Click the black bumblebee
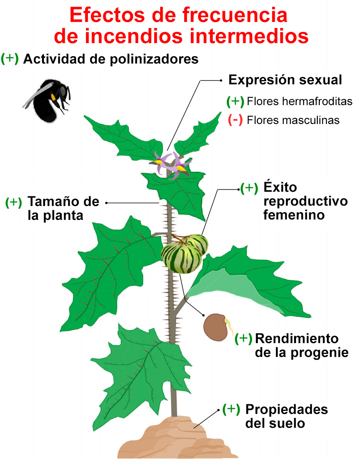click(x=48, y=98)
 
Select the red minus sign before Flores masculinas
click(x=235, y=120)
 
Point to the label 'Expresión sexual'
click(x=285, y=80)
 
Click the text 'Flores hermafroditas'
click(x=299, y=101)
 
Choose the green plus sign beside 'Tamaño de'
click(x=14, y=202)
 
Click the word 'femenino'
click(x=294, y=215)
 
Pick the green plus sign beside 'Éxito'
click(x=249, y=188)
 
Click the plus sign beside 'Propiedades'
click(x=231, y=409)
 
